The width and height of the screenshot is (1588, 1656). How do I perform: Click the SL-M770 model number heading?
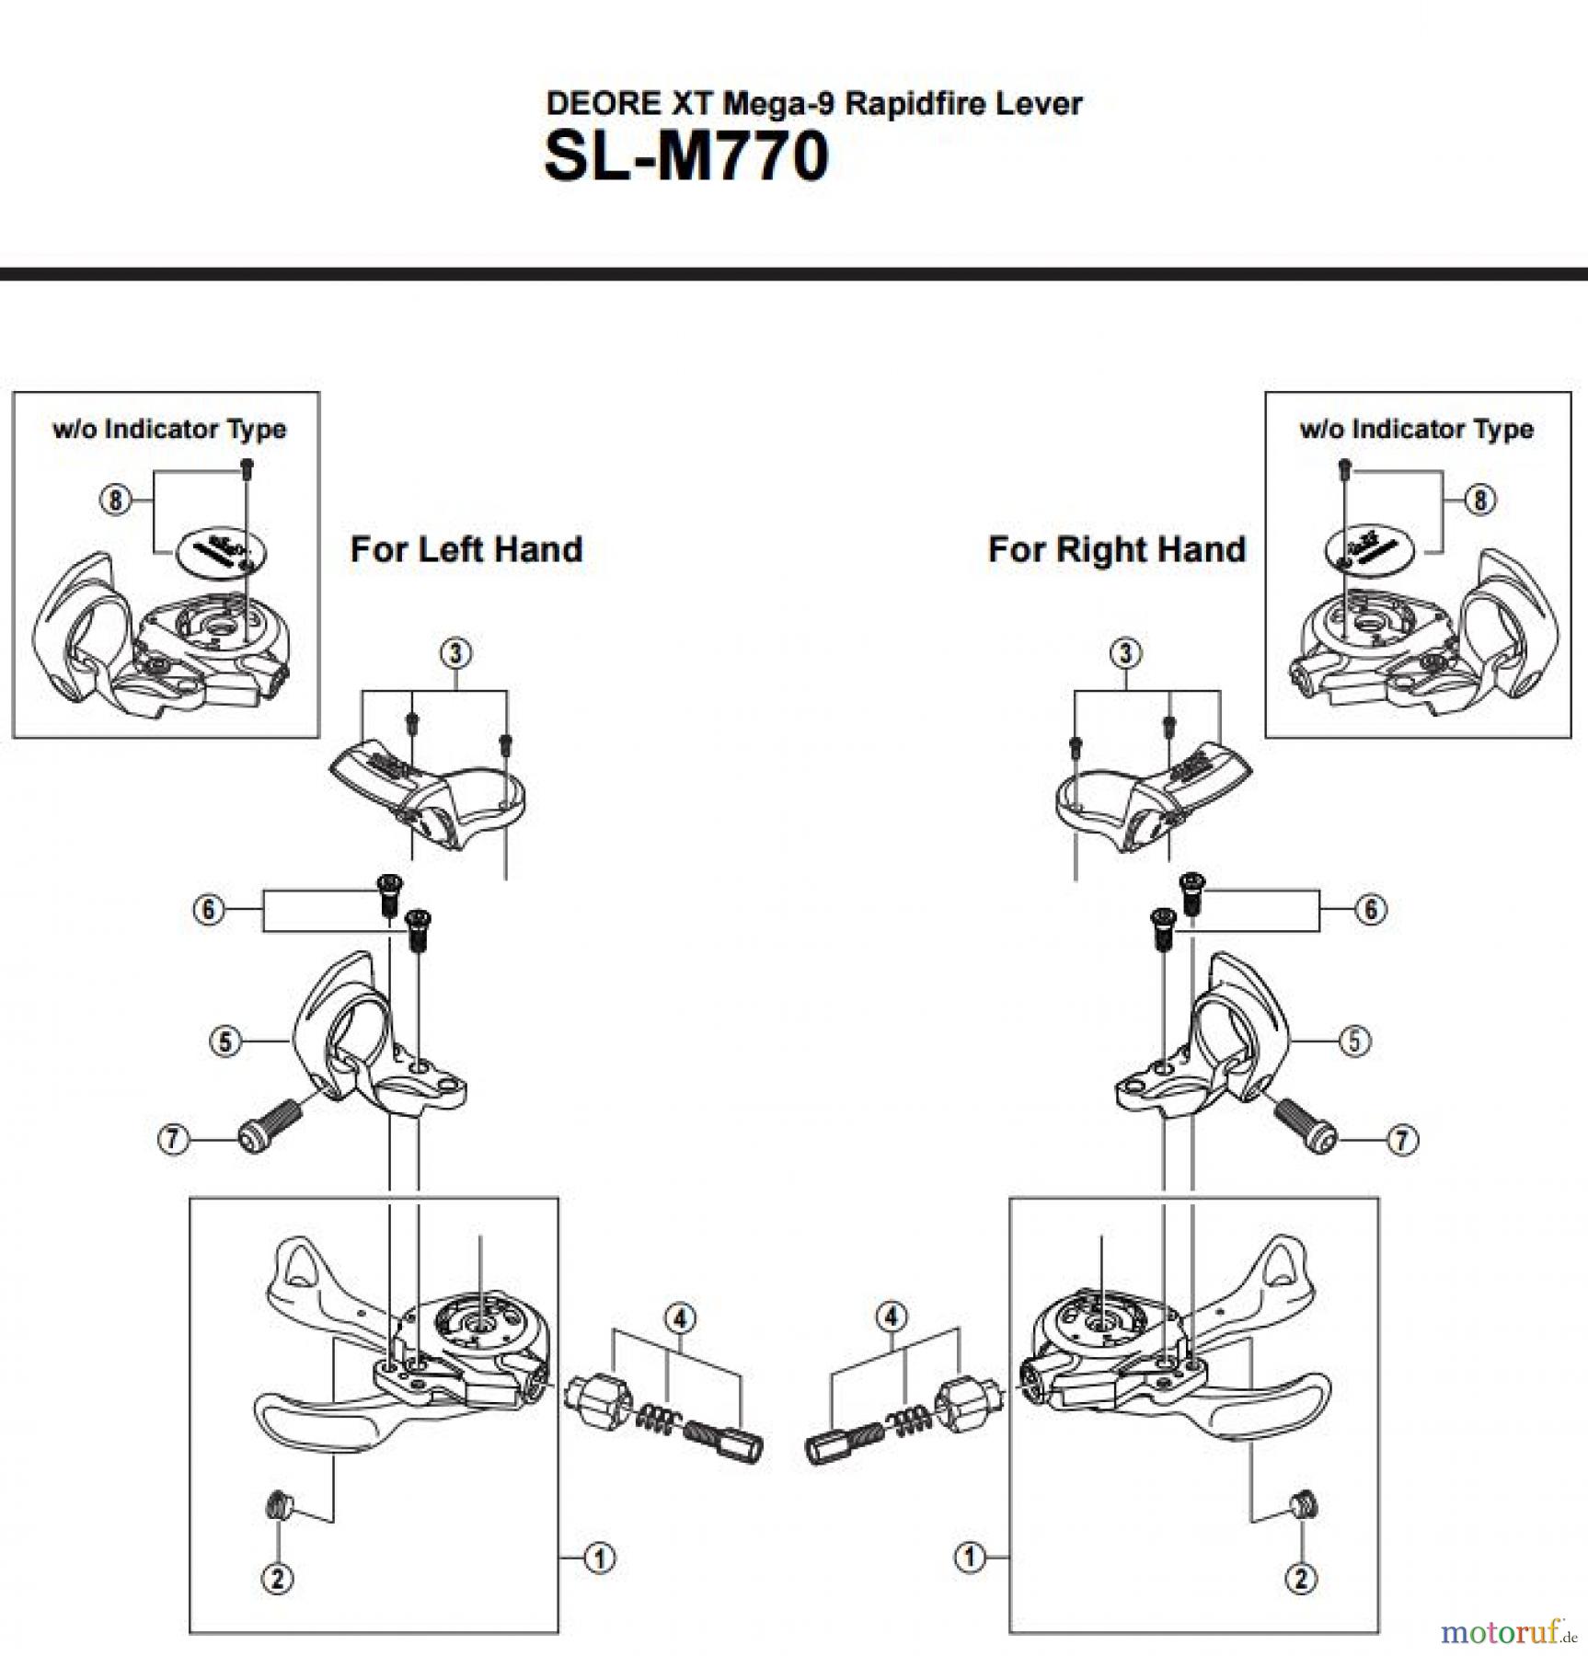click(x=685, y=156)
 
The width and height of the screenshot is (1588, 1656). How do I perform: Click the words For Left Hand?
click(x=466, y=549)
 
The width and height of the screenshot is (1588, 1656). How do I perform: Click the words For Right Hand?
click(x=1116, y=549)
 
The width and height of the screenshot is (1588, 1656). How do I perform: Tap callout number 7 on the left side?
click(x=172, y=1140)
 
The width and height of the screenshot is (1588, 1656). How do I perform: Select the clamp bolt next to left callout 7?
click(x=270, y=1124)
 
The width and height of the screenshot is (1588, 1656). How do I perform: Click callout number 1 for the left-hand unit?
click(x=600, y=1558)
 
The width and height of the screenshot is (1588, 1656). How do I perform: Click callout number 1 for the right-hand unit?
click(x=969, y=1558)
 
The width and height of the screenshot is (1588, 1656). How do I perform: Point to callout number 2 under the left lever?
click(x=278, y=1579)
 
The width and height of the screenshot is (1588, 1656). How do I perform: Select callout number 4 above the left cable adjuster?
click(x=679, y=1318)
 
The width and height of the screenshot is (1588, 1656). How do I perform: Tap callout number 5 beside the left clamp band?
click(x=224, y=1041)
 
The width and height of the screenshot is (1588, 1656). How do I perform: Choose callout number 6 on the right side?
click(x=1370, y=909)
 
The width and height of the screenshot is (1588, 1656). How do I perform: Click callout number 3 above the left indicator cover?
click(x=456, y=653)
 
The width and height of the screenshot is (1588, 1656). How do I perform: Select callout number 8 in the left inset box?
click(x=114, y=500)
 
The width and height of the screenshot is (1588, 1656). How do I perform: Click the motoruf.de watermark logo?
click(x=1507, y=1633)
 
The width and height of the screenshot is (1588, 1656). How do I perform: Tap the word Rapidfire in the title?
click(x=902, y=103)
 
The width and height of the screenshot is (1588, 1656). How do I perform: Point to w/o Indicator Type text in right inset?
click(x=1416, y=429)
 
